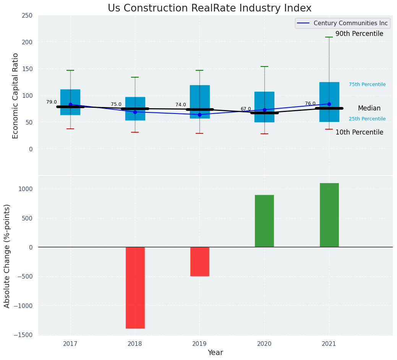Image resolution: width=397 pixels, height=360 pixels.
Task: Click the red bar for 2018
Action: point(135,287)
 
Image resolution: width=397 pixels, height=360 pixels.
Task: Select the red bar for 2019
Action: point(199,261)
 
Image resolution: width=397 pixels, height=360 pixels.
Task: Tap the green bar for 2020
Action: point(264,221)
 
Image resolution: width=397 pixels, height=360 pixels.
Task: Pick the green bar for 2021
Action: point(329,215)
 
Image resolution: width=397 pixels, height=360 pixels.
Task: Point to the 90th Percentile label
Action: point(359,34)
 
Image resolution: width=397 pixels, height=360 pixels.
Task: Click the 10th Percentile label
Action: point(359,133)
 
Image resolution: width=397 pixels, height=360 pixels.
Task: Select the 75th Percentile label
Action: point(367,84)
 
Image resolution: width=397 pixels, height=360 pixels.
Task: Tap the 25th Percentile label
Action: point(367,119)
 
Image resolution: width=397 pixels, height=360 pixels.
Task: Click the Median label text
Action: point(369,109)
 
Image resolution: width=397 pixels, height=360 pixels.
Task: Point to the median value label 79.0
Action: point(52,102)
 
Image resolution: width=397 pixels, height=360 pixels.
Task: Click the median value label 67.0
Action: point(246,109)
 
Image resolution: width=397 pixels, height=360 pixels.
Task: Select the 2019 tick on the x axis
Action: point(199,344)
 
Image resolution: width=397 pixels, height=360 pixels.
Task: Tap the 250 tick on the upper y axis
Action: point(27,16)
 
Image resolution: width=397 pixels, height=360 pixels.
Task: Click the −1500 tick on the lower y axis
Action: point(23,335)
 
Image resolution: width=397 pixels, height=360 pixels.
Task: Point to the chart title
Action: point(209,8)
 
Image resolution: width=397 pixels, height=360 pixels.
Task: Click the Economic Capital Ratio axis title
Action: point(16,96)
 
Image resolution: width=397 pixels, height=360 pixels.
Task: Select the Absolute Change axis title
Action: point(7,256)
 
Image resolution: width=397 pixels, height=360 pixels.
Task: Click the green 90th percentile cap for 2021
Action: point(329,37)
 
